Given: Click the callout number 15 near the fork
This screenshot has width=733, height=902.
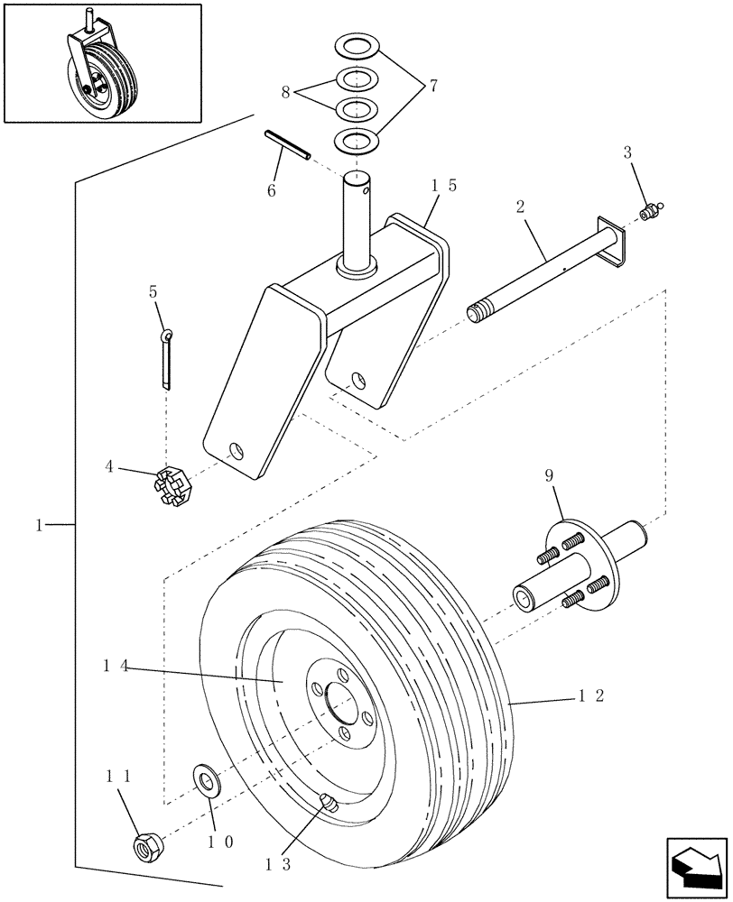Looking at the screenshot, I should coord(443,185).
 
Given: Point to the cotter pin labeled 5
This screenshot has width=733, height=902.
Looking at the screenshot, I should coord(167,362).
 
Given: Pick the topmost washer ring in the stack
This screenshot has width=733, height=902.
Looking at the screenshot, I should coord(357,46).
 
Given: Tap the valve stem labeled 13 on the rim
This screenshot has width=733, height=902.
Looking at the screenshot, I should coord(330,802).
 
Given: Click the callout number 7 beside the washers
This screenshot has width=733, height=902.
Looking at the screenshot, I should coord(432,87).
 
